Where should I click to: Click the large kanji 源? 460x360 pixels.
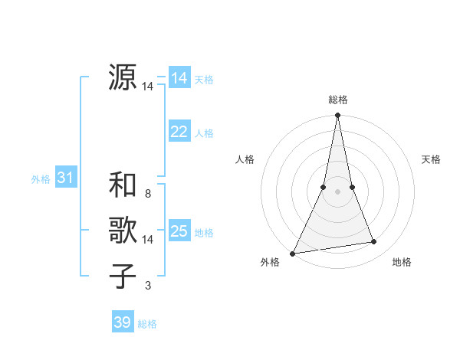click(x=123, y=77)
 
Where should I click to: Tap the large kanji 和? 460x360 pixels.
click(x=123, y=185)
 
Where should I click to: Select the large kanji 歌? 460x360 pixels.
click(x=123, y=231)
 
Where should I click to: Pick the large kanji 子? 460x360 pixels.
click(x=123, y=277)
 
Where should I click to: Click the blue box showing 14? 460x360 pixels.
click(x=179, y=77)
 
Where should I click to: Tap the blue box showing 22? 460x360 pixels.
click(x=179, y=132)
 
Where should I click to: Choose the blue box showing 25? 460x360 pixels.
click(x=179, y=231)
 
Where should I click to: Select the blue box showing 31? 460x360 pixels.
click(x=65, y=178)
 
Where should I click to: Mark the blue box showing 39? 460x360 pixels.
click(x=122, y=322)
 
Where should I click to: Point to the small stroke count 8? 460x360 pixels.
click(x=148, y=194)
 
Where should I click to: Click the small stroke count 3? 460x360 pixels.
click(x=148, y=286)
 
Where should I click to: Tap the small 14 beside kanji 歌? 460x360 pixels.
click(x=148, y=240)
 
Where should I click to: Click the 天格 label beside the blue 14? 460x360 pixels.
click(x=204, y=79)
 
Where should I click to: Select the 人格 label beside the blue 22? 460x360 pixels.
click(x=204, y=133)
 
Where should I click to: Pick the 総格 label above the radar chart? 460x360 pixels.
click(x=338, y=100)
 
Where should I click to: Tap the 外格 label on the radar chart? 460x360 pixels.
click(x=270, y=263)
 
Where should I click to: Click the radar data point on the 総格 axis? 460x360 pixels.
click(x=338, y=116)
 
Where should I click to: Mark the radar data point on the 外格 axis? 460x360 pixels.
click(x=293, y=253)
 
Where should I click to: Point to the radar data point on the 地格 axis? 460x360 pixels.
click(x=374, y=242)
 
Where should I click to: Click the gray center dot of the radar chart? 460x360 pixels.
click(x=338, y=191)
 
